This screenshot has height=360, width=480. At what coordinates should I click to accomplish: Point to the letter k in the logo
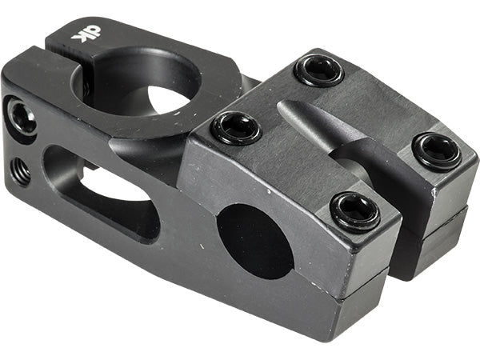pos(78,36)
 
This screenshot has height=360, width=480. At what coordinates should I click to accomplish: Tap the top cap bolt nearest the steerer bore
pos(236,127)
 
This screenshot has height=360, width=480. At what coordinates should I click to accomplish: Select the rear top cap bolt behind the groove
pos(318,70)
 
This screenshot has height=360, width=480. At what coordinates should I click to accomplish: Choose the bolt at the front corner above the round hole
pos(353,210)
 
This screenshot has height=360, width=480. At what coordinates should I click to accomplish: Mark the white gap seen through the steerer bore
pos(164,99)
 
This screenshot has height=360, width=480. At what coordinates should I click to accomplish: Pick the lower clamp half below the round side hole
pos(264,296)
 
